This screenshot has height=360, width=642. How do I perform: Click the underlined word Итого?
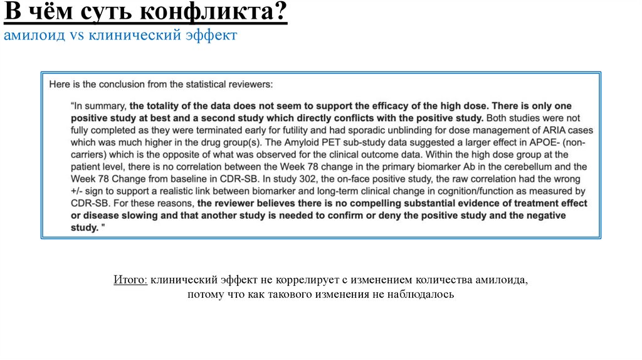(130, 280)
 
